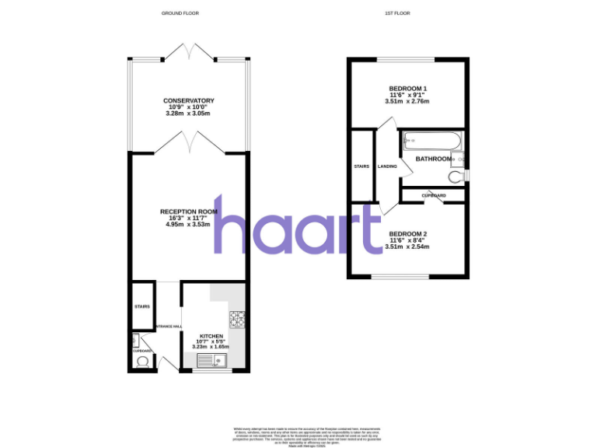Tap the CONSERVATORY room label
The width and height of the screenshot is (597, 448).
188,101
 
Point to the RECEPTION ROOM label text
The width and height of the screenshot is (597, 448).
188,212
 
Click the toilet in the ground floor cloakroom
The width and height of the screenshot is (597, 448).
141,363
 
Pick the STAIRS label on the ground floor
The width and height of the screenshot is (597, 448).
142,306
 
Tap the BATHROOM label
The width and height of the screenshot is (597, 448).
433,159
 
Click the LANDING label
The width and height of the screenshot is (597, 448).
387,166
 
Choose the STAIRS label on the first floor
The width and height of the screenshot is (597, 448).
361,166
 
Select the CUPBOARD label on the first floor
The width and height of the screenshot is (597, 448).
433,194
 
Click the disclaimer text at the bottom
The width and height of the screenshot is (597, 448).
298,436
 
